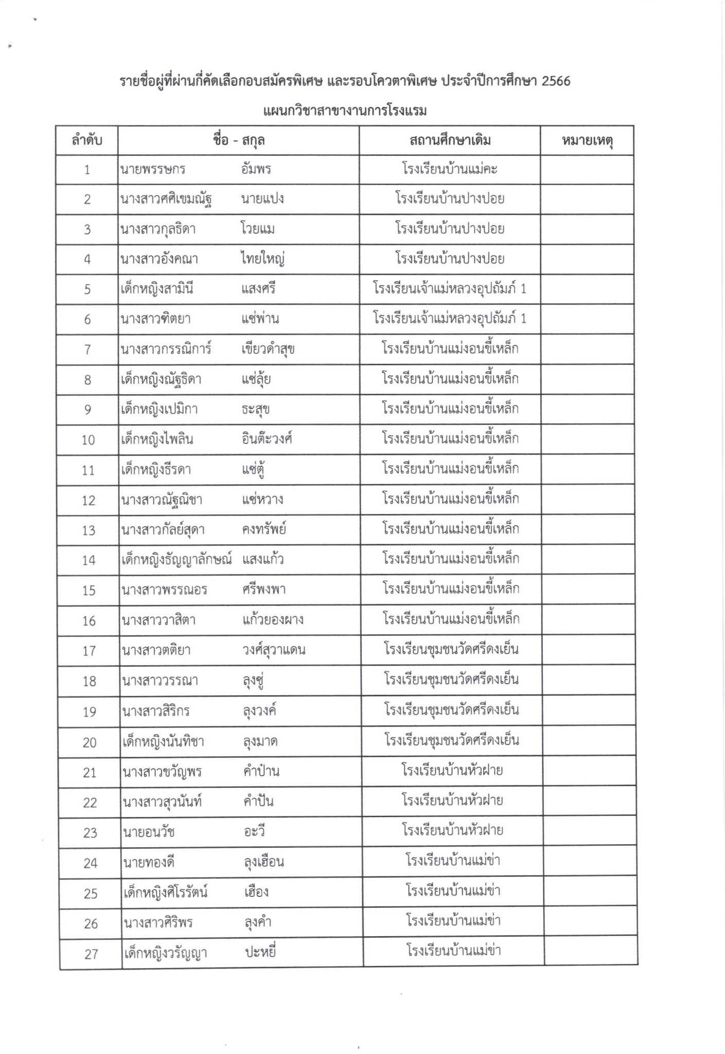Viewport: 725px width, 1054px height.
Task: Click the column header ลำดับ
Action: pyautogui.click(x=86, y=140)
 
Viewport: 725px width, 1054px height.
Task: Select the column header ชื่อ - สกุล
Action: pyautogui.click(x=238, y=140)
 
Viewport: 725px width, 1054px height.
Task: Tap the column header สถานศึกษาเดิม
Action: pyautogui.click(x=450, y=140)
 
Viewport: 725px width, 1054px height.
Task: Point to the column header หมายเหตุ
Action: pyautogui.click(x=587, y=140)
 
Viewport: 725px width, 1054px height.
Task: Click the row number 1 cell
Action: pyautogui.click(x=87, y=170)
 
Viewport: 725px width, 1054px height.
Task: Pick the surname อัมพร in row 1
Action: pyautogui.click(x=256, y=169)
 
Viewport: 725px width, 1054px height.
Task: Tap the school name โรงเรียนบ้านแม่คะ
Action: pyautogui.click(x=450, y=169)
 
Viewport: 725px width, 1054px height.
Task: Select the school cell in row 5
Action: pyautogui.click(x=450, y=289)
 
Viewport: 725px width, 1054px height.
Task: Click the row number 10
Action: pyautogui.click(x=88, y=440)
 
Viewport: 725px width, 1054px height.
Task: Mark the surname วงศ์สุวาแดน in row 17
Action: pyautogui.click(x=274, y=650)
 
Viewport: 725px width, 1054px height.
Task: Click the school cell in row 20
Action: pyautogui.click(x=452, y=741)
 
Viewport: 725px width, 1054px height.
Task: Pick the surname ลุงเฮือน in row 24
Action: pyautogui.click(x=263, y=862)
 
